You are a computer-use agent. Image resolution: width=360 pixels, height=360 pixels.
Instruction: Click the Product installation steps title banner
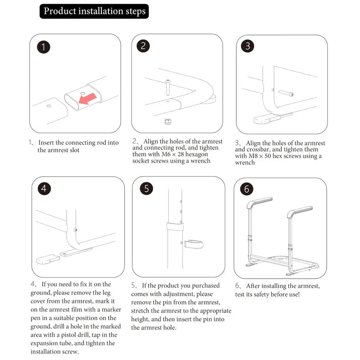(94, 11)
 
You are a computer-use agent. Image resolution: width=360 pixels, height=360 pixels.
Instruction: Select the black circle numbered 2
(143, 46)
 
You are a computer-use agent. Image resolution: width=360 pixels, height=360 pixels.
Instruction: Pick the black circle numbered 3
(247, 46)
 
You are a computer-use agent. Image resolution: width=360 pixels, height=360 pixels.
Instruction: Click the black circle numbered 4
(45, 189)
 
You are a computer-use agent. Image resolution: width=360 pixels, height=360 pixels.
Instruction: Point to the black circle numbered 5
(146, 189)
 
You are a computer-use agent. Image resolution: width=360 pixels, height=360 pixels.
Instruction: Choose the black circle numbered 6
(247, 189)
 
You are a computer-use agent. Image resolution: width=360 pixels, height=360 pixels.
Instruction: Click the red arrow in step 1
(91, 96)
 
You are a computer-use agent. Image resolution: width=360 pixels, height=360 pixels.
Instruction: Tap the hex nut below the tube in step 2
(167, 121)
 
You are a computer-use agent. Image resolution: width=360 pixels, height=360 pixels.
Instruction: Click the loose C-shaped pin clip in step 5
(193, 245)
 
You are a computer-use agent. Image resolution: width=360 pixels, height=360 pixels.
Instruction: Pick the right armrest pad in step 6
(299, 210)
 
